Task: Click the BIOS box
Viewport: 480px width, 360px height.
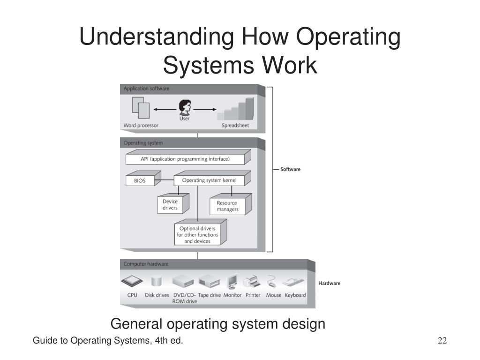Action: click(x=140, y=180)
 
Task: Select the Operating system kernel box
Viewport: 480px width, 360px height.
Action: click(x=209, y=180)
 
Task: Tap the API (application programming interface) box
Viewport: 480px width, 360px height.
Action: click(x=185, y=159)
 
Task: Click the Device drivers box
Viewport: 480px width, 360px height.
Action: click(x=170, y=204)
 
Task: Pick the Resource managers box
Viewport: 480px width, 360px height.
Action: click(x=227, y=206)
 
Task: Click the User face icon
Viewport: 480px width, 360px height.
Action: click(x=184, y=108)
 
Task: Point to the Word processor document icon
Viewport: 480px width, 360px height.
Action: click(x=141, y=108)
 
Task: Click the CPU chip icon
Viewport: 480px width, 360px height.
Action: click(x=132, y=282)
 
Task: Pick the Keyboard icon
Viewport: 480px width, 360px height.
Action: click(x=294, y=282)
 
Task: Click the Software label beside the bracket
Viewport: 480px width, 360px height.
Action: click(x=290, y=169)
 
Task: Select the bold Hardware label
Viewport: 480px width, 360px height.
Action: click(x=329, y=283)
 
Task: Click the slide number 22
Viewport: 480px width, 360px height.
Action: click(x=442, y=341)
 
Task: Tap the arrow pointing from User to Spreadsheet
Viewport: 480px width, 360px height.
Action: click(x=204, y=109)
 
